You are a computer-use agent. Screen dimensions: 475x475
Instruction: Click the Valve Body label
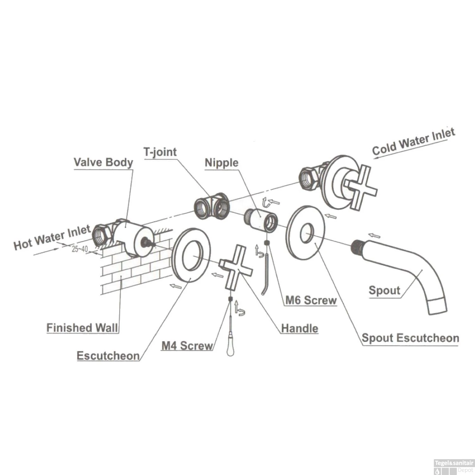[x=103, y=162]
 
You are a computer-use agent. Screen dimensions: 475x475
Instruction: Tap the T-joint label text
[x=160, y=152]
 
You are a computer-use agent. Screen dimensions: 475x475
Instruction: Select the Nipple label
[x=221, y=163]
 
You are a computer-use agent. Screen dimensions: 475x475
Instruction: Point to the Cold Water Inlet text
[x=414, y=142]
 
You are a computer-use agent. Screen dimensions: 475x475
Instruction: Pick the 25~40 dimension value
[x=79, y=249]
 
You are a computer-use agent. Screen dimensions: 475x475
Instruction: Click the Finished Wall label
[x=82, y=327]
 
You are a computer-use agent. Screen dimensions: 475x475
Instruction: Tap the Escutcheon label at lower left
[x=108, y=356]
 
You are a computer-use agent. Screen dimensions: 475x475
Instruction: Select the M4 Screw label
[x=187, y=345]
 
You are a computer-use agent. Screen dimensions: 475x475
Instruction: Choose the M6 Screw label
[x=311, y=300]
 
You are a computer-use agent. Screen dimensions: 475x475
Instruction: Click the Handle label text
[x=300, y=328]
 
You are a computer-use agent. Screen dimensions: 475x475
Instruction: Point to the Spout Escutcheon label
[x=410, y=338]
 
